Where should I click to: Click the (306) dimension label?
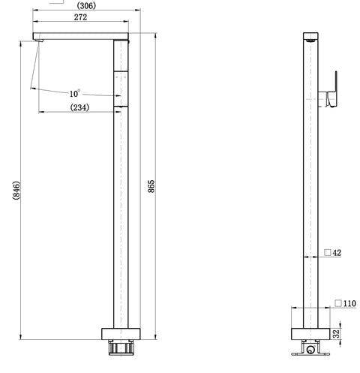86,5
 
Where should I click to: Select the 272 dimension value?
80,17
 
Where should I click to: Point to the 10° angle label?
75,94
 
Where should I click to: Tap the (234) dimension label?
79,107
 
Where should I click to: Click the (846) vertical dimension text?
16,191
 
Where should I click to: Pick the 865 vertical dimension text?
151,186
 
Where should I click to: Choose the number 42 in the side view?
337,253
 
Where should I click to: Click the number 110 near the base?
349,303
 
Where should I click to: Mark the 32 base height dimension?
337,334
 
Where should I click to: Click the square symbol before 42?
328,252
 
